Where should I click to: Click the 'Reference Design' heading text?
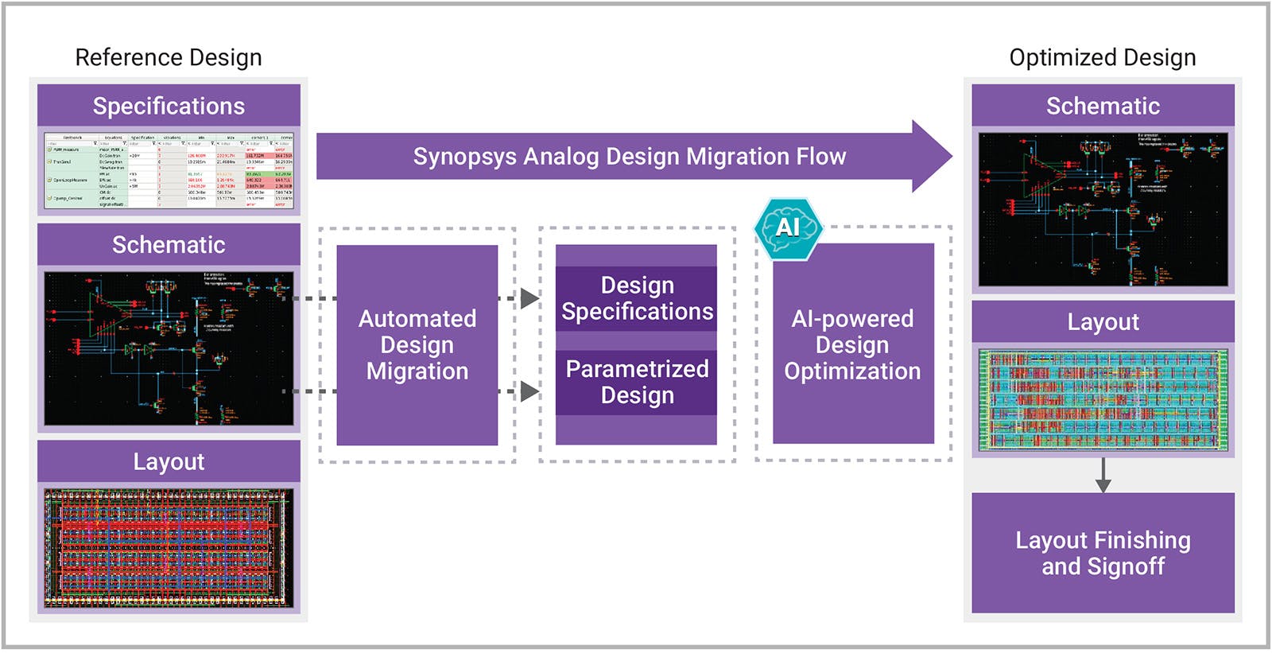(168, 57)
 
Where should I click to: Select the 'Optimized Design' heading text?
(1102, 57)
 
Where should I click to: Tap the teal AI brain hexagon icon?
(788, 228)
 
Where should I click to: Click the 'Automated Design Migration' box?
(417, 344)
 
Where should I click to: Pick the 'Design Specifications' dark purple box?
(636, 298)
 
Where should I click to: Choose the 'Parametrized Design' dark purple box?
(636, 382)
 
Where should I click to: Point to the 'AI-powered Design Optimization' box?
(853, 344)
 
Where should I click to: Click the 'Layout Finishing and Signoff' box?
(1103, 553)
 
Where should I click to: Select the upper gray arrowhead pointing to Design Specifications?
(529, 298)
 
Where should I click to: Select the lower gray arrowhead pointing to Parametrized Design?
(529, 391)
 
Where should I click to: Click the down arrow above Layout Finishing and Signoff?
(1103, 481)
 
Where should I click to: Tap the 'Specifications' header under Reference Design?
(169, 106)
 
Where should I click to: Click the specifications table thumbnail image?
(169, 171)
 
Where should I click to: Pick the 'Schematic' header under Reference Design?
(169, 244)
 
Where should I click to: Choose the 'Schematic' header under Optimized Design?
(1103, 106)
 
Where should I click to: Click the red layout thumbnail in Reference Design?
(169, 548)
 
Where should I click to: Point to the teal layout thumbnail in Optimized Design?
(1103, 400)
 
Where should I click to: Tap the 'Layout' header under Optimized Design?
(1103, 321)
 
